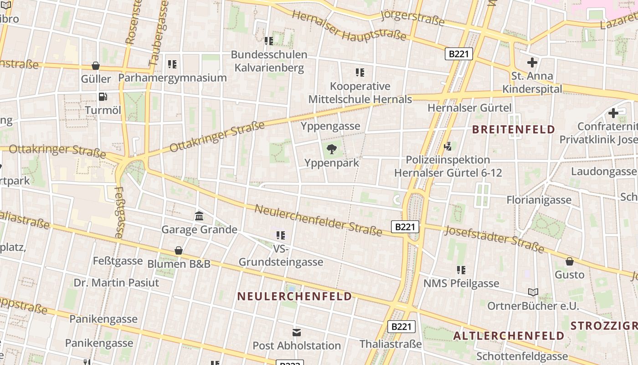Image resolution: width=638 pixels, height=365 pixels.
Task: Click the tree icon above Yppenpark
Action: pos(332,148)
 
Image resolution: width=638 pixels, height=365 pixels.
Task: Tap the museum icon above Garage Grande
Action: pos(199,216)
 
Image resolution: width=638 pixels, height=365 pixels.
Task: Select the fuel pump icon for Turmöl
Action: pos(103,96)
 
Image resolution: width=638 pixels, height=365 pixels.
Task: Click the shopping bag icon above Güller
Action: pos(96,66)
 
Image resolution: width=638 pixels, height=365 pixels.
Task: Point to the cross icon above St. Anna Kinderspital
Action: pos(532,63)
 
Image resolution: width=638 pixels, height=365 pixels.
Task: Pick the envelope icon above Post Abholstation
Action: pos(297,332)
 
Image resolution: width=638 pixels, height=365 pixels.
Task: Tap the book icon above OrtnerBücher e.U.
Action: pos(533,292)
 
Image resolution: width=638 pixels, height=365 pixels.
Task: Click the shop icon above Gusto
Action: pos(569,261)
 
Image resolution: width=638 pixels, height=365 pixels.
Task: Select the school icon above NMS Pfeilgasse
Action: pos(461,270)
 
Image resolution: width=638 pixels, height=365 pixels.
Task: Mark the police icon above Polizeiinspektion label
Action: pos(448,146)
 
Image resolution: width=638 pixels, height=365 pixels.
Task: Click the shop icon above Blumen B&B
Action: pos(179,250)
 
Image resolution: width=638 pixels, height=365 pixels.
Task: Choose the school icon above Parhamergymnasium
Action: pos(172,64)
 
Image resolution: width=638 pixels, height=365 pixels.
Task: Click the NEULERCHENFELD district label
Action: pos(295,296)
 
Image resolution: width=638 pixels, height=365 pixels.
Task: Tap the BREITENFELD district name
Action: pos(514,129)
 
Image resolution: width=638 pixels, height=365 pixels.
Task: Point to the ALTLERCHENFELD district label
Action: pos(509,336)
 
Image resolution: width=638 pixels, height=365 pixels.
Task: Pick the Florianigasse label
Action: pos(539,200)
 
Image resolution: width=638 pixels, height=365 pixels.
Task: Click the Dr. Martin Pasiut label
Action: pos(116,282)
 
